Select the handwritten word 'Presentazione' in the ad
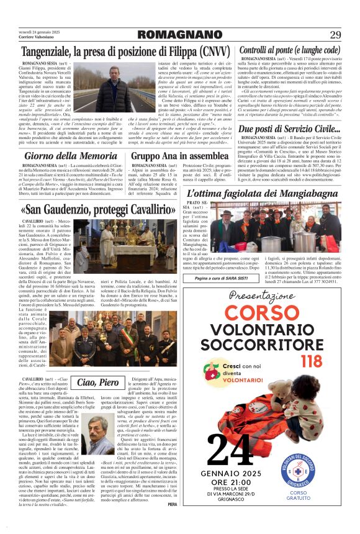[267, 295]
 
